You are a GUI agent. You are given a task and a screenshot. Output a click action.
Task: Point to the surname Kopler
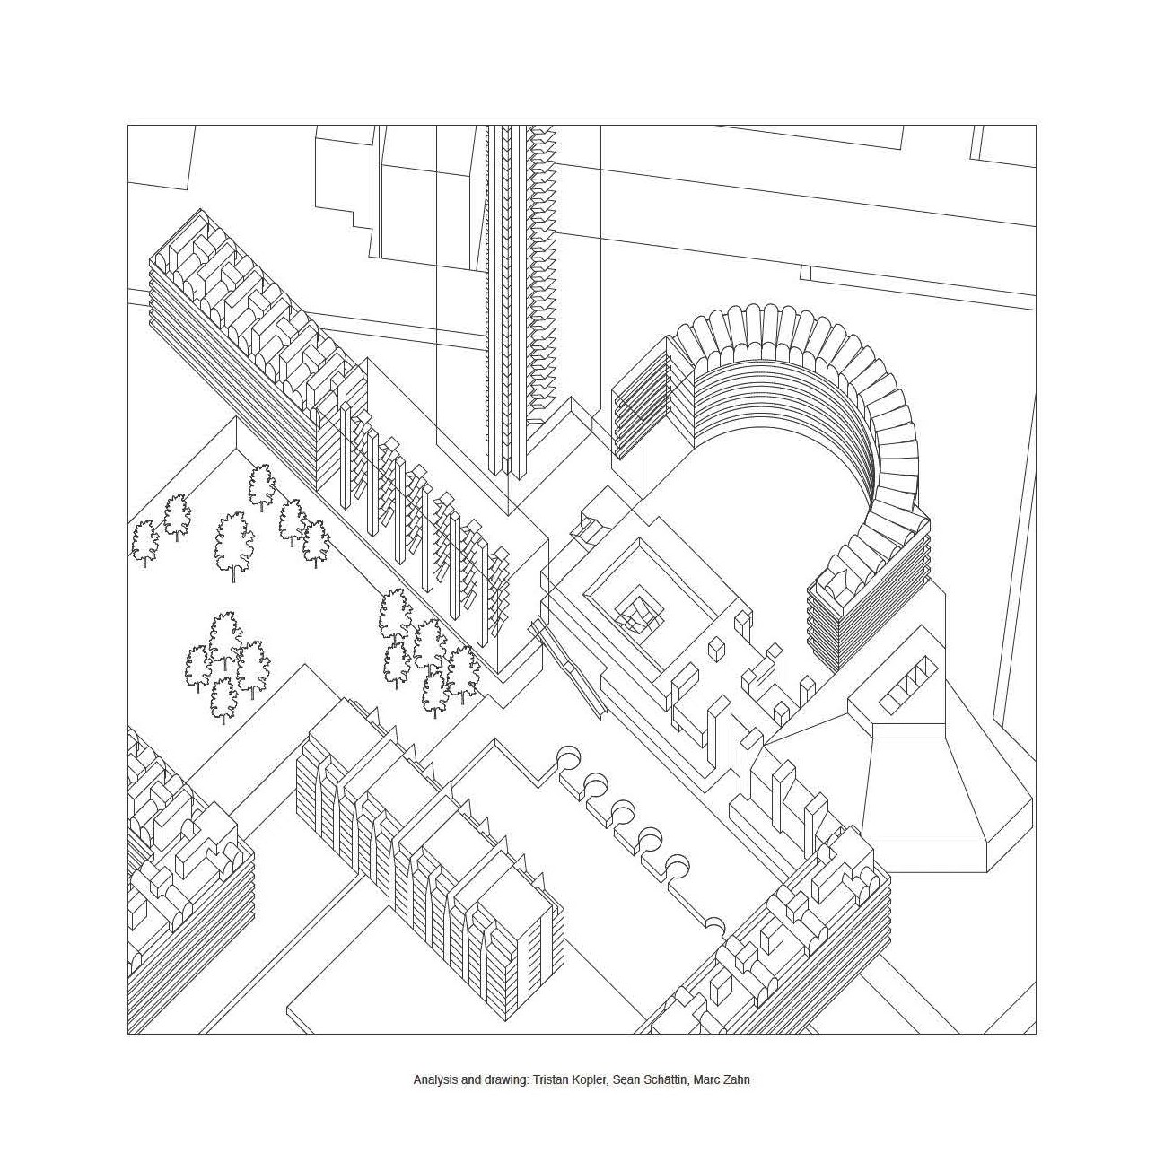[591, 1080]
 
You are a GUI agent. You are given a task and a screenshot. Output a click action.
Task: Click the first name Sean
[628, 1080]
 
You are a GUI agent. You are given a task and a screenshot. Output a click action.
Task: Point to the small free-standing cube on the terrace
[717, 649]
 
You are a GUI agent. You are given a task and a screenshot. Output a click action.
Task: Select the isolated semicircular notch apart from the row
[714, 924]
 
